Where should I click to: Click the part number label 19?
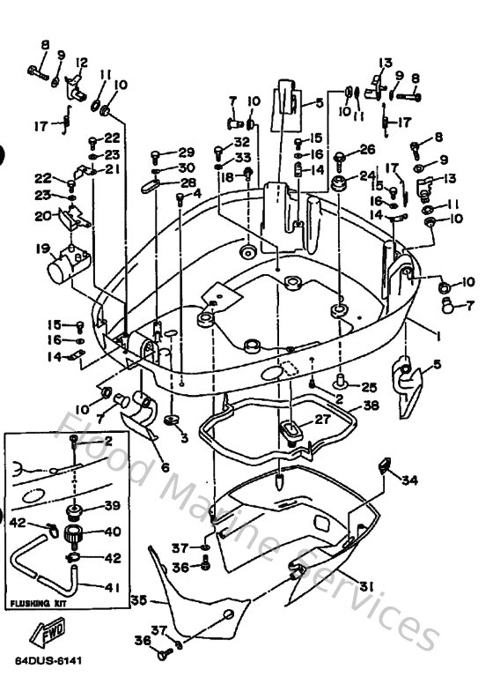pyautogui.click(x=41, y=249)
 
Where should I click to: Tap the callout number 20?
pyautogui.click(x=41, y=216)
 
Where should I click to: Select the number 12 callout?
pyautogui.click(x=82, y=62)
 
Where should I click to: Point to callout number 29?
pyautogui.click(x=186, y=153)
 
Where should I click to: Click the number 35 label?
pyautogui.click(x=137, y=600)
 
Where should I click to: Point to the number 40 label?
pyautogui.click(x=112, y=532)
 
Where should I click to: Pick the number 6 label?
pyautogui.click(x=165, y=468)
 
